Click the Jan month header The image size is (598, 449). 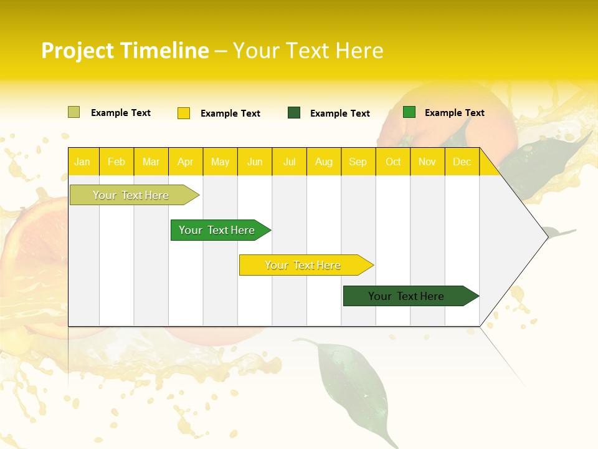point(83,162)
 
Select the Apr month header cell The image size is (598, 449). point(186,162)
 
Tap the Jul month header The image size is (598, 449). point(289,162)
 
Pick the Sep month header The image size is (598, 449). point(358,162)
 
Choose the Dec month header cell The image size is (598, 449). point(462,162)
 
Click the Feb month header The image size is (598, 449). point(116,162)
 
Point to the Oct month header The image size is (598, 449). point(393,162)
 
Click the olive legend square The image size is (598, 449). point(74,112)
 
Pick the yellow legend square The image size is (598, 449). point(184,113)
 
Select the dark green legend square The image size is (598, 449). point(294,113)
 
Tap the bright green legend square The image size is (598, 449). point(409,112)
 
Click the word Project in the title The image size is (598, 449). point(78,51)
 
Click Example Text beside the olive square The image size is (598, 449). point(121,113)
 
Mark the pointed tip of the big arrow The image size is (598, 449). point(547,236)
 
